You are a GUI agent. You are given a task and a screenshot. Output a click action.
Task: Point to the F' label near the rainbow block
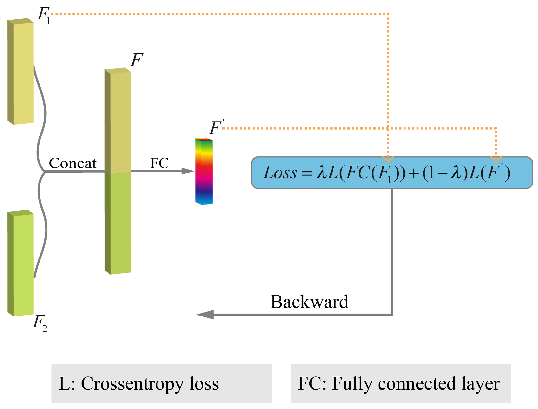tap(216, 127)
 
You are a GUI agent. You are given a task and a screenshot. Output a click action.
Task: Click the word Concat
tap(73, 163)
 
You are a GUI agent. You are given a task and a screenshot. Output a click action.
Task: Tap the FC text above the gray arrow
tap(159, 163)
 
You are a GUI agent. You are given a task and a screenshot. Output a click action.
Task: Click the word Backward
tap(309, 302)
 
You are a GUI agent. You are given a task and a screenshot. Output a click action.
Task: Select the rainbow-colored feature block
tap(204, 171)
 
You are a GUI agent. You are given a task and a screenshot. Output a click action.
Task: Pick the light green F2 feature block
tap(21, 263)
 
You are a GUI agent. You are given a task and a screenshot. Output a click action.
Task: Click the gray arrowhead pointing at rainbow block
tap(188, 171)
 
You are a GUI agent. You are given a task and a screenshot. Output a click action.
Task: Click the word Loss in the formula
tap(280, 173)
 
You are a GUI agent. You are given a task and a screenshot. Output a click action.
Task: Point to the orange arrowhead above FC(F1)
tap(388, 159)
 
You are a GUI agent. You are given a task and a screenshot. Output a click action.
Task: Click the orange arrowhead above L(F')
tap(496, 159)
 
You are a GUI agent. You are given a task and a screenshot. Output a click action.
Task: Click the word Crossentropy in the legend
tap(132, 384)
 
